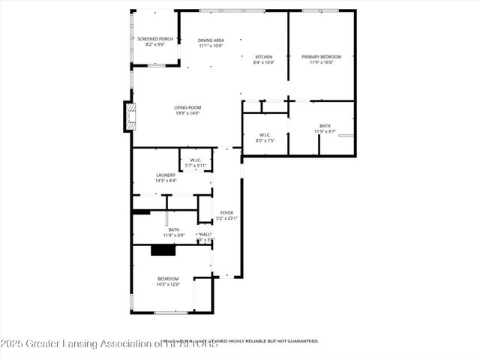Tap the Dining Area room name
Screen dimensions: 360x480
coord(211,40)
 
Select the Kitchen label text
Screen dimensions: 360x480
coord(263,57)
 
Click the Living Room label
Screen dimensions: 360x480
coord(188,107)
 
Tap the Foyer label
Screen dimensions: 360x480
coord(226,213)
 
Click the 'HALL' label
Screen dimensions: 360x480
coord(205,235)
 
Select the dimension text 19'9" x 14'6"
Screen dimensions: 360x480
coord(188,113)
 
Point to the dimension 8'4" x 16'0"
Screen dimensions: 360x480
coord(263,63)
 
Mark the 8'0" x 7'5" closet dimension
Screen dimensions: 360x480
coord(265,140)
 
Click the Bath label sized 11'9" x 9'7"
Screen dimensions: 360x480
coord(324,126)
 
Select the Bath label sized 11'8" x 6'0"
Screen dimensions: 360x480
coord(173,229)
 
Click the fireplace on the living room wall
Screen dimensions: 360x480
coord(130,115)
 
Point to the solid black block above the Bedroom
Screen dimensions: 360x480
coord(163,250)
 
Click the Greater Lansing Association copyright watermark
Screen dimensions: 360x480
coord(109,344)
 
